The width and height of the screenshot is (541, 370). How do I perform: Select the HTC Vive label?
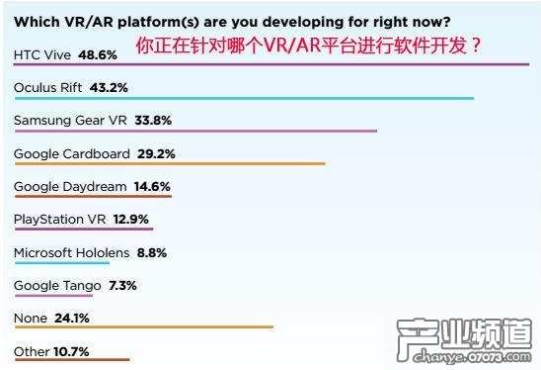pyautogui.click(x=42, y=55)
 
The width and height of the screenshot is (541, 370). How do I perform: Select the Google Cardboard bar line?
pyautogui.click(x=169, y=163)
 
